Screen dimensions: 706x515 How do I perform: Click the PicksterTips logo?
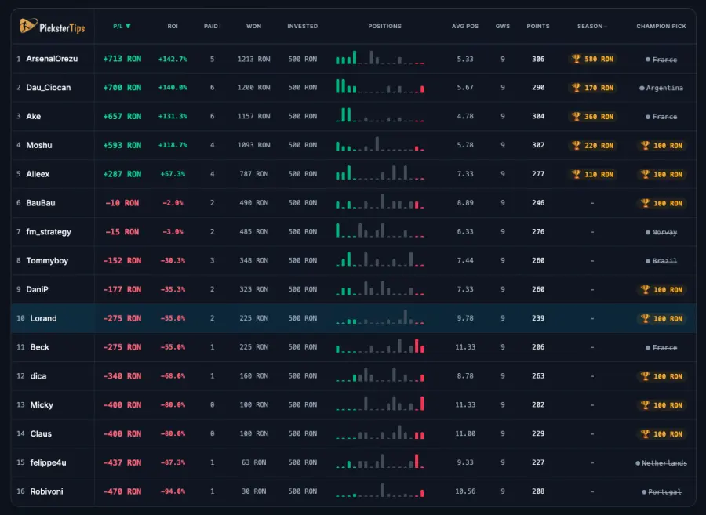(x=53, y=27)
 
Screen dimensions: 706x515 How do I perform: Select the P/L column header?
(x=122, y=26)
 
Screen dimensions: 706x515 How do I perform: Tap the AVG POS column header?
(x=465, y=26)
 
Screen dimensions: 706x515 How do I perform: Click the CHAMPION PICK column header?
(x=661, y=26)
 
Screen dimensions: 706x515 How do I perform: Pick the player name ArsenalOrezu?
(x=52, y=59)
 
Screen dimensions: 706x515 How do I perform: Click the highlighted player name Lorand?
(x=43, y=318)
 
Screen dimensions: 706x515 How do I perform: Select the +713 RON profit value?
(x=122, y=59)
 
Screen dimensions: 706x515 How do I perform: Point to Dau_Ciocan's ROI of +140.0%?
(x=173, y=88)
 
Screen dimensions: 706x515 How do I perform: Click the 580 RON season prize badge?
(x=592, y=59)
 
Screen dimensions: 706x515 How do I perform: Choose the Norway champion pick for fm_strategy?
(x=661, y=233)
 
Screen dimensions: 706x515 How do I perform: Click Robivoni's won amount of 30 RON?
(x=254, y=491)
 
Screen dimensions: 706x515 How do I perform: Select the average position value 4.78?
(x=465, y=117)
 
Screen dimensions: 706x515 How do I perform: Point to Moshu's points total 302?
(x=538, y=145)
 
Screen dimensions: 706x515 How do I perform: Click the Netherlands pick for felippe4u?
(x=661, y=463)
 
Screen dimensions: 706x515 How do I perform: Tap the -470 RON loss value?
(x=122, y=491)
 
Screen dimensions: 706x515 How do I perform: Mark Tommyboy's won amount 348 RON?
(x=254, y=261)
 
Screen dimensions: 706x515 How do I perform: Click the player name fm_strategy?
(x=49, y=232)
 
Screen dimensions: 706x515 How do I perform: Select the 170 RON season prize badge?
(x=592, y=88)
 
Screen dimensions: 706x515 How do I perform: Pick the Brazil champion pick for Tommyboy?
(x=661, y=261)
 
